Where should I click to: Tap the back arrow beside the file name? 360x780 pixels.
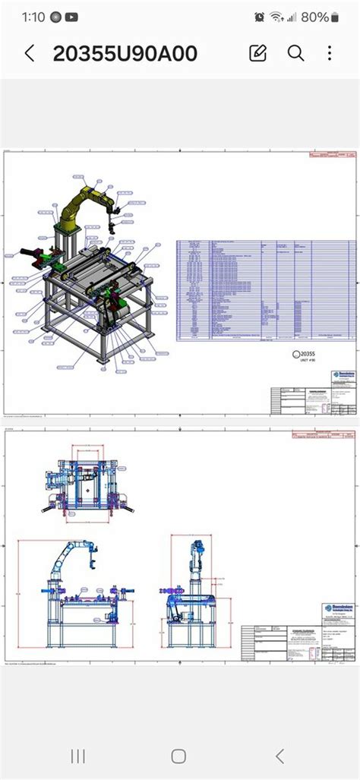coord(30,53)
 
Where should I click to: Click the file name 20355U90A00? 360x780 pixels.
coord(125,53)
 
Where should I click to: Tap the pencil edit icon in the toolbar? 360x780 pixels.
coord(257,52)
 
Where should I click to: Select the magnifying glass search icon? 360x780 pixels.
coord(295,52)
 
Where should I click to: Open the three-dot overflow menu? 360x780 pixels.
coord(330,52)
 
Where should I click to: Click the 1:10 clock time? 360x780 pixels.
coord(33,17)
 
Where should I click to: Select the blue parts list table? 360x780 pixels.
coord(243,290)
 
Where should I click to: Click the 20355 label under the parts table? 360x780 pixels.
coord(306,353)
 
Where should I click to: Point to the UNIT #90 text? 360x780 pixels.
coord(305,362)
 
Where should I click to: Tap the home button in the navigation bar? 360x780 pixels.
coord(178,756)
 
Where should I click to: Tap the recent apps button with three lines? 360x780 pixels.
coord(78,756)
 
